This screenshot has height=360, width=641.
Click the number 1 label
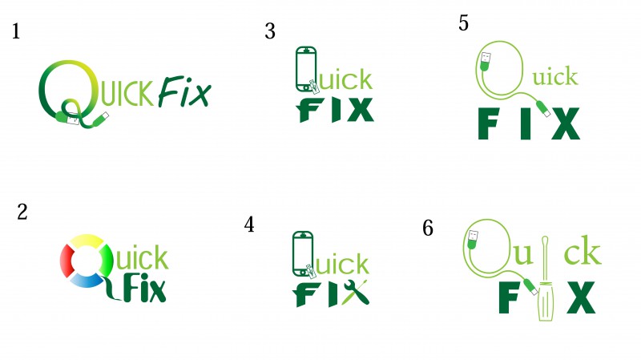pyautogui.click(x=16, y=31)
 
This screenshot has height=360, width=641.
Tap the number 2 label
pyautogui.click(x=22, y=212)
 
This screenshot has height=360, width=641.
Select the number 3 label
pyautogui.click(x=270, y=31)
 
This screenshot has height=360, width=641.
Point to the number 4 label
pyautogui.click(x=249, y=224)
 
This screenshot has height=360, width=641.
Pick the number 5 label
pyautogui.click(x=463, y=23)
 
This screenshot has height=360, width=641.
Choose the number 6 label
pyautogui.click(x=428, y=228)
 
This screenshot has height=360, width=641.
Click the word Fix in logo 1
pyautogui.click(x=184, y=91)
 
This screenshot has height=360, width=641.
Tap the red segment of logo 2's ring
pyautogui.click(x=67, y=261)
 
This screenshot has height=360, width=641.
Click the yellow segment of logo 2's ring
pyautogui.click(x=87, y=241)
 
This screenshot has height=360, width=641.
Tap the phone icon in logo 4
pyautogui.click(x=303, y=254)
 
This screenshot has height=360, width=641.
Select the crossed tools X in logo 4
pyautogui.click(x=356, y=292)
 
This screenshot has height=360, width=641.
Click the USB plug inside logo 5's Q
pyautogui.click(x=485, y=62)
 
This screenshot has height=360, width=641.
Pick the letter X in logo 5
pyautogui.click(x=566, y=123)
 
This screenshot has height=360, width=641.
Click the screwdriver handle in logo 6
pyautogui.click(x=546, y=302)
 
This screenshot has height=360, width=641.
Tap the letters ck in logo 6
pyautogui.click(x=583, y=251)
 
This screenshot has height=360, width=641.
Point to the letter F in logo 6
pyautogui.click(x=509, y=297)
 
